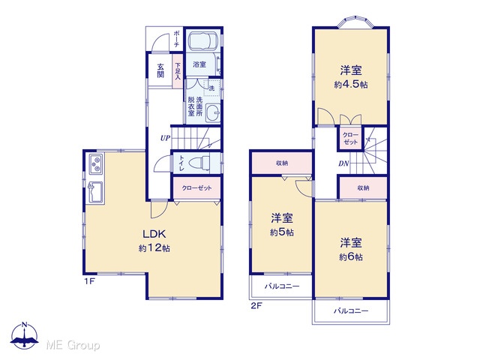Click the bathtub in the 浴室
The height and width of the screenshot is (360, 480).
click(202, 42)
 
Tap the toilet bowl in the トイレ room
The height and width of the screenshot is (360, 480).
click(199, 163)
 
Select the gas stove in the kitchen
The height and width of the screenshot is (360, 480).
click(97, 164)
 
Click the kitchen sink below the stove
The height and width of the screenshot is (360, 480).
click(96, 193)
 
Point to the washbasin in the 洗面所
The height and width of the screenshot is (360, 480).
click(212, 112)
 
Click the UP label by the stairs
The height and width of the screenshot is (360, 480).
click(165, 138)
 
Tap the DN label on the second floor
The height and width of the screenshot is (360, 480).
click(343, 163)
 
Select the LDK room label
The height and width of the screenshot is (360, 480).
click(154, 234)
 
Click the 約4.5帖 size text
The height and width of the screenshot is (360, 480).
click(351, 85)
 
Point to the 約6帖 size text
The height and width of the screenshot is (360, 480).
click(351, 256)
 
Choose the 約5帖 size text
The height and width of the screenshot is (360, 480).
click(282, 232)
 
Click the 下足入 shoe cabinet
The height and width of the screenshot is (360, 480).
click(178, 71)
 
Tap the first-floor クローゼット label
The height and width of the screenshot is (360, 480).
click(196, 188)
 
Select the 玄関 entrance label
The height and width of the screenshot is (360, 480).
click(160, 70)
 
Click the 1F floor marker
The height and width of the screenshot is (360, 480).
click(89, 281)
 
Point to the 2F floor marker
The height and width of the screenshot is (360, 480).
click(256, 305)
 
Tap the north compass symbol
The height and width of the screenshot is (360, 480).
click(25, 335)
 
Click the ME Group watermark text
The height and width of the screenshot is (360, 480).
click(73, 345)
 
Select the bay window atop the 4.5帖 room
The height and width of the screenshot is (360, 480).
click(355, 23)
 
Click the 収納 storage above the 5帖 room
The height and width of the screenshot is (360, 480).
click(282, 163)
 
